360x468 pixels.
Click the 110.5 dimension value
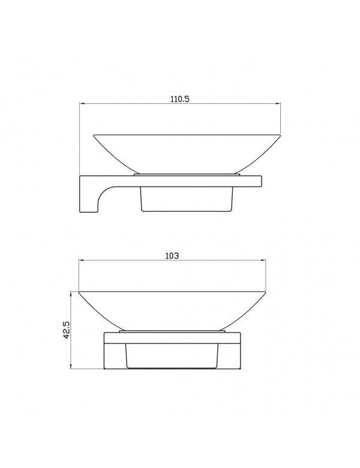(x=179, y=100)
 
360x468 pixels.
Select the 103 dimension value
(x=172, y=255)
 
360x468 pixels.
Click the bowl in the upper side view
(x=186, y=150)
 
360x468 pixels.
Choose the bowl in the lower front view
(x=173, y=309)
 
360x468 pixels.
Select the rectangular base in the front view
(x=173, y=351)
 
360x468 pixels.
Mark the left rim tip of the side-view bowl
(x=94, y=134)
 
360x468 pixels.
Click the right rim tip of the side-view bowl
(x=280, y=134)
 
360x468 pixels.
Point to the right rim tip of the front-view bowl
(x=266, y=292)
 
